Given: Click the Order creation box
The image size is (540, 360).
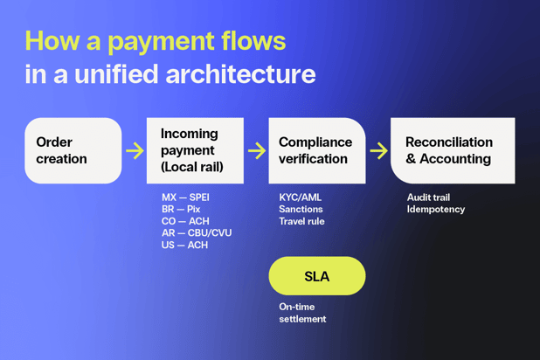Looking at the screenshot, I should tap(73, 150).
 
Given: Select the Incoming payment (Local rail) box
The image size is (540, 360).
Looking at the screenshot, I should tap(194, 150).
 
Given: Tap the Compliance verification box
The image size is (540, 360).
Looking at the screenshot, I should tap(316, 150).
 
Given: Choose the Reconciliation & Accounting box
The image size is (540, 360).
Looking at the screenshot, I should tap(452, 150).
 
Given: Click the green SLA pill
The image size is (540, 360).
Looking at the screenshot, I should tap(316, 276).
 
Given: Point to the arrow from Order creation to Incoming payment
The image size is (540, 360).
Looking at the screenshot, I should tap(135, 150).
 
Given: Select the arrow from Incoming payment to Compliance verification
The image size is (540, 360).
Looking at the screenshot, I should tap(256, 150).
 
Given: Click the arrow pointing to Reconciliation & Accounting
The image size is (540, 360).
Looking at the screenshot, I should tap(378, 150).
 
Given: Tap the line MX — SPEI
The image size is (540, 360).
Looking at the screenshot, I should tap(185, 197).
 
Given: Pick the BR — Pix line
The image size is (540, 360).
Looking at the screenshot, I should tap(181, 210).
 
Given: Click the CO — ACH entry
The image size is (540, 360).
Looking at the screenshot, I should tap(185, 221).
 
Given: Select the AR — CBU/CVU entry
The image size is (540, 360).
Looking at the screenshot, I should tap(197, 233).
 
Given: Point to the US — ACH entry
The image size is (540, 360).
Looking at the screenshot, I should tap(184, 246).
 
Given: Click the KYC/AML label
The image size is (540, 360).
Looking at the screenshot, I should tap(300, 197).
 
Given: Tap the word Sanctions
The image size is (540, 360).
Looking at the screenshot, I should tap(301, 210).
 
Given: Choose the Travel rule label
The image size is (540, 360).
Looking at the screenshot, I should tap(301, 221).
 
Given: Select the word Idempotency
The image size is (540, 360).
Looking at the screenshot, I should tap(436, 210).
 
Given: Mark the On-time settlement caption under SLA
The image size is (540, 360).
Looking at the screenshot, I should tap(302, 313).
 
